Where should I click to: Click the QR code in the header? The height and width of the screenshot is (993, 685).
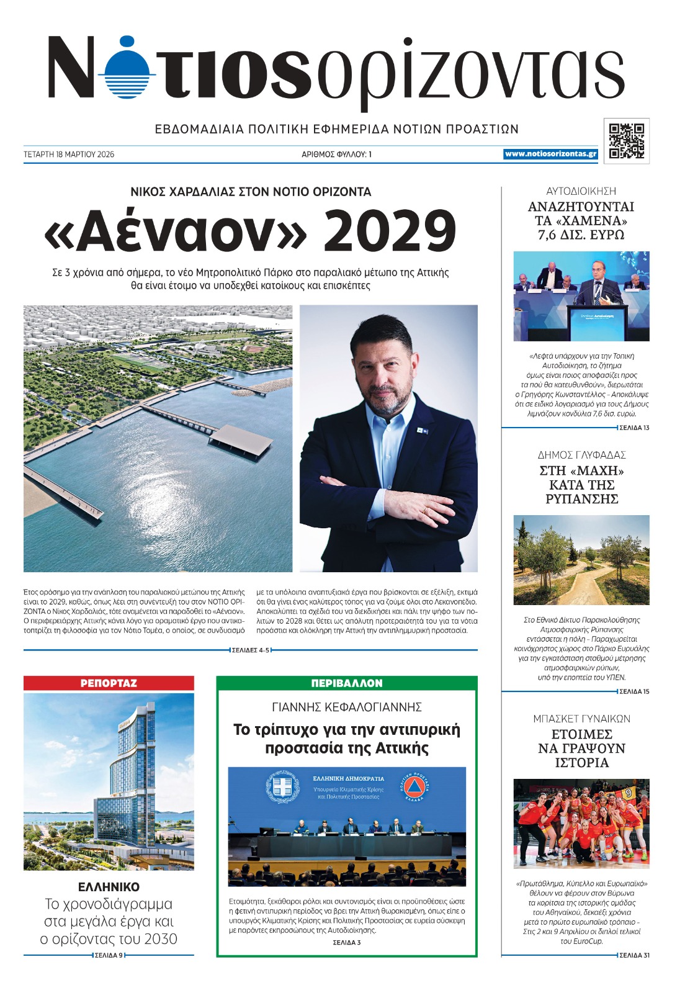click(x=626, y=141)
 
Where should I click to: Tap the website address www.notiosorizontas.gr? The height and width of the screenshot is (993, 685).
click(x=550, y=154)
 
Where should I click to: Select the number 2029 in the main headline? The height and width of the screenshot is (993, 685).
click(x=390, y=231)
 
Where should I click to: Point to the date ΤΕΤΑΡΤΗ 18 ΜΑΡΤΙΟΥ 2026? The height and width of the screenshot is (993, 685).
click(x=69, y=155)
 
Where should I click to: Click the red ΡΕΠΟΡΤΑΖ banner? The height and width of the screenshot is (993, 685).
click(x=109, y=683)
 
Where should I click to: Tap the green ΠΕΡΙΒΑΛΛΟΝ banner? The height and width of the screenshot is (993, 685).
click(x=347, y=683)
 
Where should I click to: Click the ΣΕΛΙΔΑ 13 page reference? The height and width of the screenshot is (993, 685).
click(x=634, y=428)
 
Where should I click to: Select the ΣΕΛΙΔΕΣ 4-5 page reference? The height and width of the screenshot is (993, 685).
click(x=251, y=650)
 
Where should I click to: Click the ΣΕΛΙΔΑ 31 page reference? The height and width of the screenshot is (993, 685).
click(x=634, y=955)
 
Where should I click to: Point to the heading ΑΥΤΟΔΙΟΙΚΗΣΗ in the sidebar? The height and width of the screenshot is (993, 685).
click(x=581, y=191)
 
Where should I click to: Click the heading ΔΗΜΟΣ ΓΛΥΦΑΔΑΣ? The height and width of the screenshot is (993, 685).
click(x=581, y=455)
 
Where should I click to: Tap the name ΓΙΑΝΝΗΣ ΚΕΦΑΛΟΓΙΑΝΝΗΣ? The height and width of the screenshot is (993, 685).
click(x=347, y=707)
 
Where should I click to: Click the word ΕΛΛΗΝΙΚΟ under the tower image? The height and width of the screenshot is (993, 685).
click(x=109, y=887)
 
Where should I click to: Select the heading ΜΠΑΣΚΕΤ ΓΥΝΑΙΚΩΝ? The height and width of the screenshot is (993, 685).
click(x=581, y=719)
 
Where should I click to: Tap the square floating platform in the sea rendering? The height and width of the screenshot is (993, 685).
click(x=241, y=439)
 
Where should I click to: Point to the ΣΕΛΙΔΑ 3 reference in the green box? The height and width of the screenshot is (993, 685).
click(x=346, y=942)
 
